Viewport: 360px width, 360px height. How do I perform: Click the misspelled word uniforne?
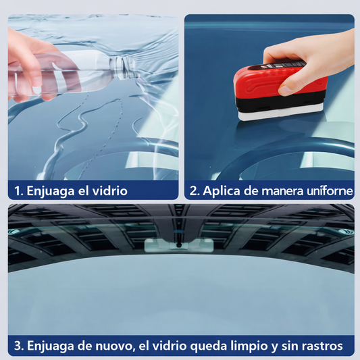pyautogui.click(x=330, y=190)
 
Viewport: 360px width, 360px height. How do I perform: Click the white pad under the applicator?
pyautogui.click(x=281, y=113)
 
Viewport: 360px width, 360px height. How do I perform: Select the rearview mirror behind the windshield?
pyautogui.click(x=178, y=245)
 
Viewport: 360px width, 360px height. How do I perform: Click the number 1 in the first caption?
pyautogui.click(x=18, y=190)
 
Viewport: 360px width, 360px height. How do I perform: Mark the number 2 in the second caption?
pyautogui.click(x=193, y=191)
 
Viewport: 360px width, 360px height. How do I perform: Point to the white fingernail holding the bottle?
pyautogui.click(x=36, y=90)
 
